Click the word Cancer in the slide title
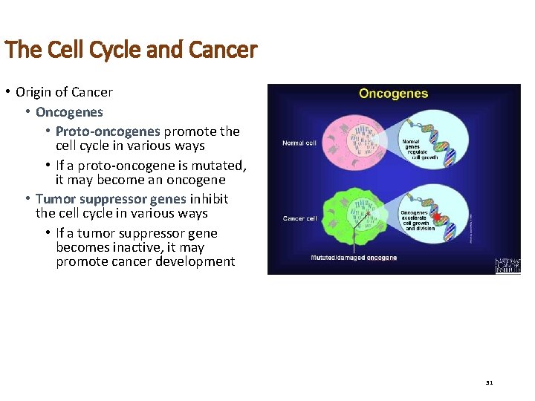click(x=223, y=50)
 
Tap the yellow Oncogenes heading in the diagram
click(x=393, y=94)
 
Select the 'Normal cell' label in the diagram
click(x=299, y=143)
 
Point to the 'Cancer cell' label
click(x=300, y=218)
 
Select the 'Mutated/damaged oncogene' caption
click(x=354, y=258)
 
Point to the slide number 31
click(x=489, y=382)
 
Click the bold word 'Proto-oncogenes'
click(x=108, y=131)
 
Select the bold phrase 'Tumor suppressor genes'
click(x=111, y=199)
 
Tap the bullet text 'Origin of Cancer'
click(x=64, y=92)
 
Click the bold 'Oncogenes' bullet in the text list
click(x=69, y=112)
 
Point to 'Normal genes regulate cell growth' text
click(x=420, y=149)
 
